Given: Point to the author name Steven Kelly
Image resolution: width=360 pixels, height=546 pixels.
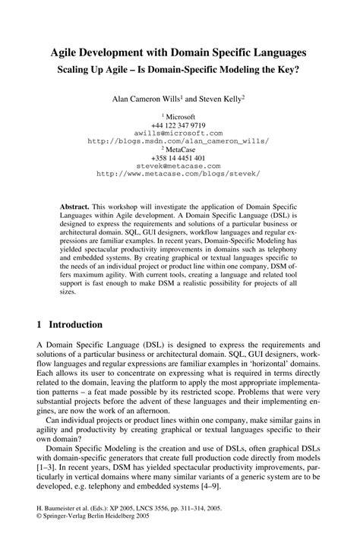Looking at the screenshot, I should pyautogui.click(x=219, y=98).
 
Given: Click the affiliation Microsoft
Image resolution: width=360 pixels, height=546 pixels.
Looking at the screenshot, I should pyautogui.click(x=180, y=116).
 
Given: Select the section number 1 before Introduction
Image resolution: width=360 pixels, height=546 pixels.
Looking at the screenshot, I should pyautogui.click(x=39, y=325).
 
